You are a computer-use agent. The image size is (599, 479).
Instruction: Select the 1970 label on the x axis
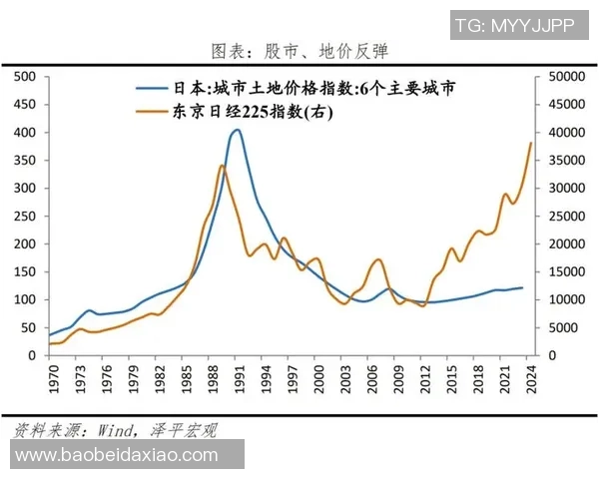click(x=49, y=379)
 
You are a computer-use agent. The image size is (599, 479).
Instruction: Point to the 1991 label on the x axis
click(x=238, y=379)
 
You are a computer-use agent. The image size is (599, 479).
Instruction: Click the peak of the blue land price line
click(x=236, y=130)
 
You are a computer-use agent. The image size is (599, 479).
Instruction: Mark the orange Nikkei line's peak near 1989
click(x=221, y=166)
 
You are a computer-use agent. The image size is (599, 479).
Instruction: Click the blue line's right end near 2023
click(x=522, y=287)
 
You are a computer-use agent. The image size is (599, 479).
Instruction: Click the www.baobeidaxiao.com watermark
click(x=117, y=455)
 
